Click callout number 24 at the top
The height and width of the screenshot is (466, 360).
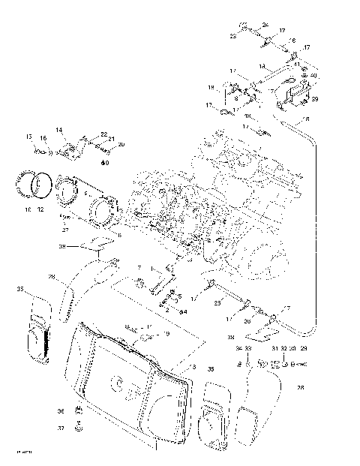coord(265,26)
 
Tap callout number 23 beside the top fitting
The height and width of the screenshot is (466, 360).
coord(233,35)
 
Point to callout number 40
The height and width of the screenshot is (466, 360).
coord(313,76)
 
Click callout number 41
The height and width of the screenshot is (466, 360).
coord(297,65)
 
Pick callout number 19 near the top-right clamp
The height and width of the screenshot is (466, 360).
coord(211,88)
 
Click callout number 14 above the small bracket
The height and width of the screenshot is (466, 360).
coord(59,130)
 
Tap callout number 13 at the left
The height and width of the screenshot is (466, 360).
coord(29,137)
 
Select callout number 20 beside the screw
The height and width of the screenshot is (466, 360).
coord(121,144)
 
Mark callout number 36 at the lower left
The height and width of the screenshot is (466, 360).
coord(61,410)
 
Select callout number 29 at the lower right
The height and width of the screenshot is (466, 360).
coord(304,349)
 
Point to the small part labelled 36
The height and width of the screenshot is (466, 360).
coord(79,410)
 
